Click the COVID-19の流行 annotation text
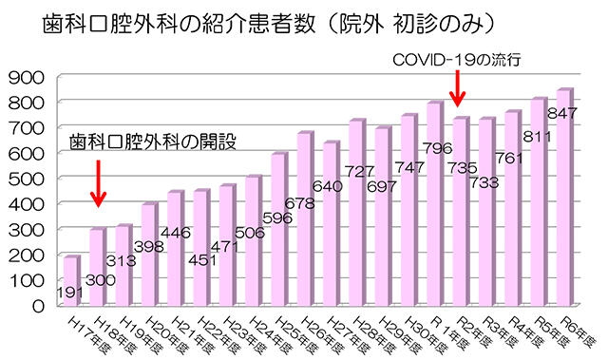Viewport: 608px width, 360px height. pyautogui.click(x=458, y=59)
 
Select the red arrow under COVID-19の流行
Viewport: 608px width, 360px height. pyautogui.click(x=457, y=91)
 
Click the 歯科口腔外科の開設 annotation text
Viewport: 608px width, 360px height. pyautogui.click(x=153, y=143)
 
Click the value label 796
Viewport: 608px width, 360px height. pyautogui.click(x=434, y=148)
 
